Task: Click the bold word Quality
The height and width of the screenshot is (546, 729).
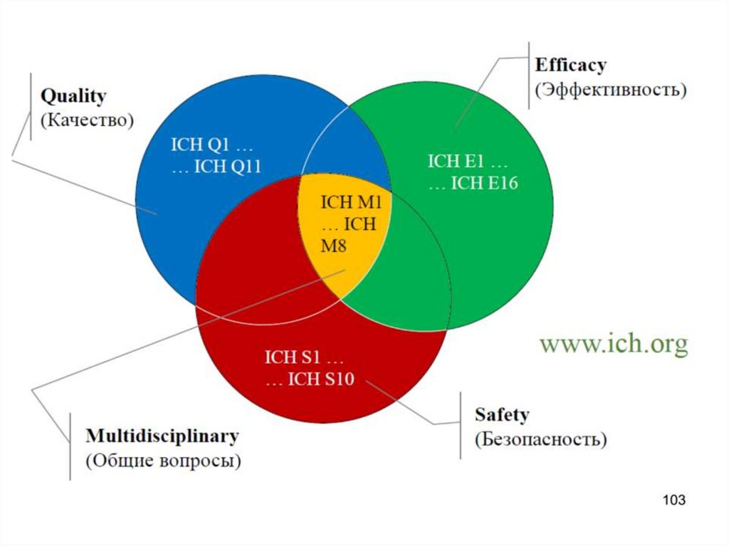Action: click(x=73, y=96)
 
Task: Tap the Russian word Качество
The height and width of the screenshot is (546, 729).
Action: click(x=87, y=120)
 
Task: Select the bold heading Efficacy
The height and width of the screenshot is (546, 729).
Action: click(x=570, y=65)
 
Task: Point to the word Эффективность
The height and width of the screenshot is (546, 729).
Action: click(x=610, y=90)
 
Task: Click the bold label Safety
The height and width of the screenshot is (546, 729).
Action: click(x=502, y=414)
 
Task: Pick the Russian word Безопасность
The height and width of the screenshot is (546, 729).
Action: click(x=541, y=439)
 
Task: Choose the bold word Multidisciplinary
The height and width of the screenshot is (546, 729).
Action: click(x=162, y=435)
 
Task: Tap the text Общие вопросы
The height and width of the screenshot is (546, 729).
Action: click(x=164, y=460)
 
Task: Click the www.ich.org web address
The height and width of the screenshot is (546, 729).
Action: click(x=614, y=345)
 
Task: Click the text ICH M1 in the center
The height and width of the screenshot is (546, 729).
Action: click(x=352, y=202)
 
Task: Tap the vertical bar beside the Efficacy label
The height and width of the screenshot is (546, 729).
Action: click(x=529, y=75)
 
